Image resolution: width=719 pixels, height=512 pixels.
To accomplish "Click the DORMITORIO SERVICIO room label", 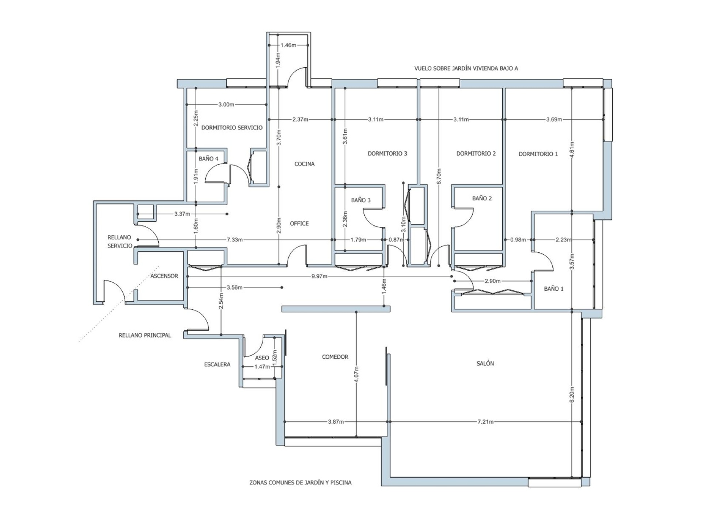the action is click(232, 128).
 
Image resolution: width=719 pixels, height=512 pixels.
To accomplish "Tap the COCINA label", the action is click(304, 164).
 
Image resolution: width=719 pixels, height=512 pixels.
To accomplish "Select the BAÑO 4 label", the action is click(208, 159).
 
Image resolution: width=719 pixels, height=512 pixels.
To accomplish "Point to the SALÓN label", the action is click(485, 363).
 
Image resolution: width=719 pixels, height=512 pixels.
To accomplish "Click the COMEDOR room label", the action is click(335, 357).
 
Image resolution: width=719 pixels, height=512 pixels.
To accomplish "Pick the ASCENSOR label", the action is click(164, 276).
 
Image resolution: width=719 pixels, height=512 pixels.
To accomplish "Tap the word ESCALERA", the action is click(217, 364).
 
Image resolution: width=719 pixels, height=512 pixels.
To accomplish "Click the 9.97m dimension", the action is click(319, 276).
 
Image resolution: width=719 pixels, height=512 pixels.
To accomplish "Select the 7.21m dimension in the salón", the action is click(485, 422).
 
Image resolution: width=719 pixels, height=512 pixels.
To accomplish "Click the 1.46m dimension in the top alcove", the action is click(288, 45).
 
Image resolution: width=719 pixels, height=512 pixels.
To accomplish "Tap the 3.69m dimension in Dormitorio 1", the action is click(554, 119).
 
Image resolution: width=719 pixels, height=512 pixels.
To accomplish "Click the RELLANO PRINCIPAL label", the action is click(145, 335).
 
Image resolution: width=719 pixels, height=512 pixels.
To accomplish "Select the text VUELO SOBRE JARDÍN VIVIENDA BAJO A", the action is click(466, 68).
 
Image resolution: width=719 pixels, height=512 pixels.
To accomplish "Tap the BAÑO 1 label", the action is click(553, 289).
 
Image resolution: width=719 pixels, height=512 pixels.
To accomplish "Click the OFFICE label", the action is click(299, 223).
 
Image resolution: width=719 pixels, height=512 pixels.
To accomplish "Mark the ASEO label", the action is click(262, 358).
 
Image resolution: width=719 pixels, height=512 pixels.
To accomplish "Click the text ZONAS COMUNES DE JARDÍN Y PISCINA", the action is click(300, 482).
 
